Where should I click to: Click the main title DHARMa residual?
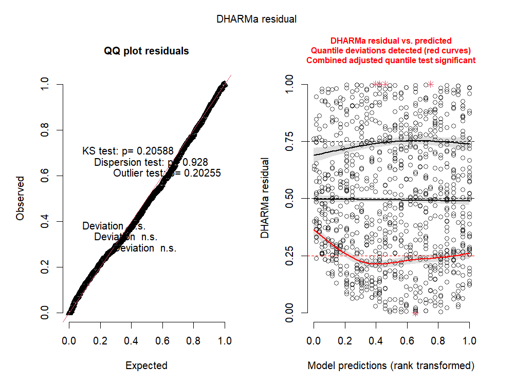(256, 20)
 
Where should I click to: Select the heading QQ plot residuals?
(146, 51)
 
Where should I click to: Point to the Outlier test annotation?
(167, 174)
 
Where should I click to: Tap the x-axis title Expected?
(146, 366)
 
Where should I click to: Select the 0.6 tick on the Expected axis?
(162, 340)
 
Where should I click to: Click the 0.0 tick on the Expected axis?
(69, 340)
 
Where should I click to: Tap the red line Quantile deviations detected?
(391, 50)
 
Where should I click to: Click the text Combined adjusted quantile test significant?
(391, 60)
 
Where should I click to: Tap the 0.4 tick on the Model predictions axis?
(376, 340)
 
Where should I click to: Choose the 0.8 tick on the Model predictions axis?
(438, 340)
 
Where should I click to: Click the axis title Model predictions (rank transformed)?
(391, 366)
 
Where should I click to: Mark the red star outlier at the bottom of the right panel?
(415, 313)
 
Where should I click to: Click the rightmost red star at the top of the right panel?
(430, 84)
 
